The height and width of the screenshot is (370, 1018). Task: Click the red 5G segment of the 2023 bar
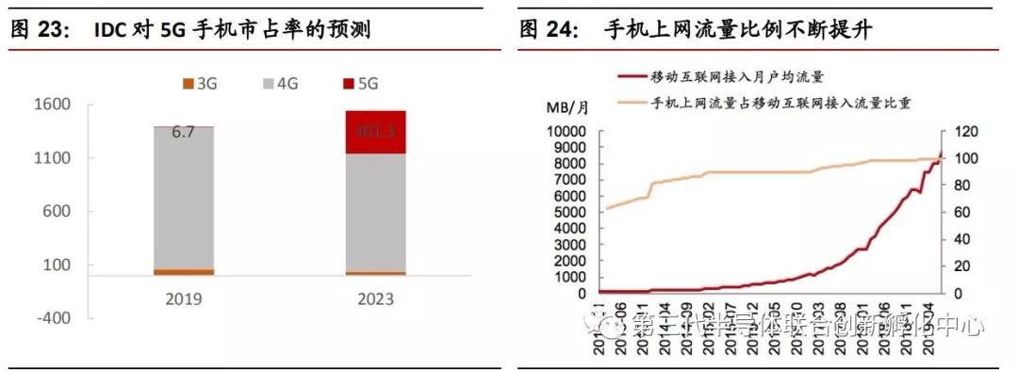coord(375,132)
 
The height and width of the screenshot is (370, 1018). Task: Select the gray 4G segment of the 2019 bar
coord(184,198)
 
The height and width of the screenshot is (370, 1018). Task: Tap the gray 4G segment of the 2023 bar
coord(375,212)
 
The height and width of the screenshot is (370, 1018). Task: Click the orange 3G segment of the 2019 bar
coord(184,271)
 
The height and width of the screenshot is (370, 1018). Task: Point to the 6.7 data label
coord(183,133)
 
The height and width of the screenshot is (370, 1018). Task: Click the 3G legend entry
coord(200,84)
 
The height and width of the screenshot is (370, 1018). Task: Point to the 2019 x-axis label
coord(184,300)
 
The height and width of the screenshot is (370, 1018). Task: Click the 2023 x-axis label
coord(375,300)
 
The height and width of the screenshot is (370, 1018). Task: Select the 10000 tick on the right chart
coord(567,131)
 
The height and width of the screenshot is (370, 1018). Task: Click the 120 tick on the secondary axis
coord(966,131)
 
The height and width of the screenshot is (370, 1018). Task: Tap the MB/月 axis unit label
coord(567,107)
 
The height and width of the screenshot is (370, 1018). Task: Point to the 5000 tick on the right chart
coord(571,212)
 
